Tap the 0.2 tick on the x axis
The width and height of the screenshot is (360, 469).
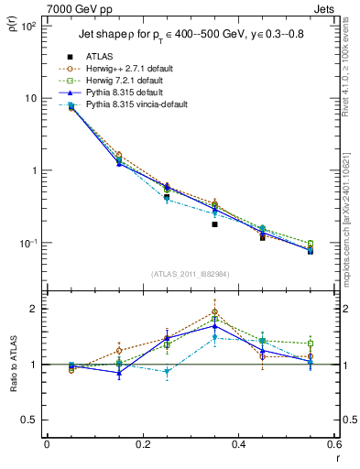click(142, 445)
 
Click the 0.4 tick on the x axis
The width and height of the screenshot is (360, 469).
click(238, 445)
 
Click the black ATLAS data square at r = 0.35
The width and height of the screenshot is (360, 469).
click(214, 224)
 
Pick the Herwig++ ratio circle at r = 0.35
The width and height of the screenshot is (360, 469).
click(214, 311)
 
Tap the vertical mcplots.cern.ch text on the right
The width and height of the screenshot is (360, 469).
click(351, 220)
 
